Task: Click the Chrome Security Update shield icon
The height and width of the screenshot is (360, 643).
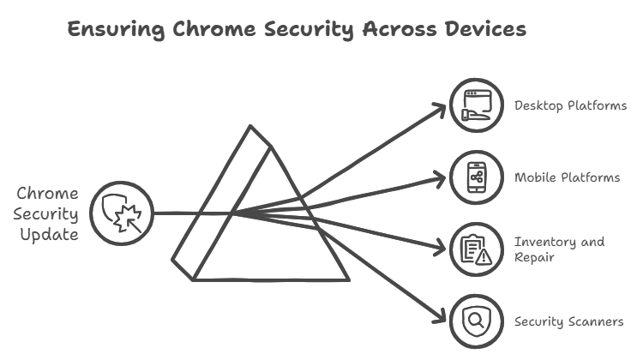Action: pyautogui.click(x=120, y=212)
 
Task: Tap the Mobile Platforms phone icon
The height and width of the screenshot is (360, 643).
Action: pyautogui.click(x=477, y=178)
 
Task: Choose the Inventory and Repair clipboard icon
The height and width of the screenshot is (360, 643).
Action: pyautogui.click(x=477, y=249)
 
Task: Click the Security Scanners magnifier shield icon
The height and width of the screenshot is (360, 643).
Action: pyautogui.click(x=477, y=322)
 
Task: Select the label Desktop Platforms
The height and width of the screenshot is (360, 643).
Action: pyautogui.click(x=570, y=106)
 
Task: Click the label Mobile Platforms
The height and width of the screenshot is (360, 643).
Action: pyautogui.click(x=567, y=178)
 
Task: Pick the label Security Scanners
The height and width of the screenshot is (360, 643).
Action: pyautogui.click(x=568, y=322)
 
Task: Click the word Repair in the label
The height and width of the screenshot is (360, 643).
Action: pyautogui.click(x=533, y=256)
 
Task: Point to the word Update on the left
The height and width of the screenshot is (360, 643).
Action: pyautogui.click(x=47, y=232)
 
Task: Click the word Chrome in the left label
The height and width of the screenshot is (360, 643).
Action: pyautogui.click(x=48, y=193)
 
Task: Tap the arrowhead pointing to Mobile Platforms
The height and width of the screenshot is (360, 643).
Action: pyautogui.click(x=444, y=179)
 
